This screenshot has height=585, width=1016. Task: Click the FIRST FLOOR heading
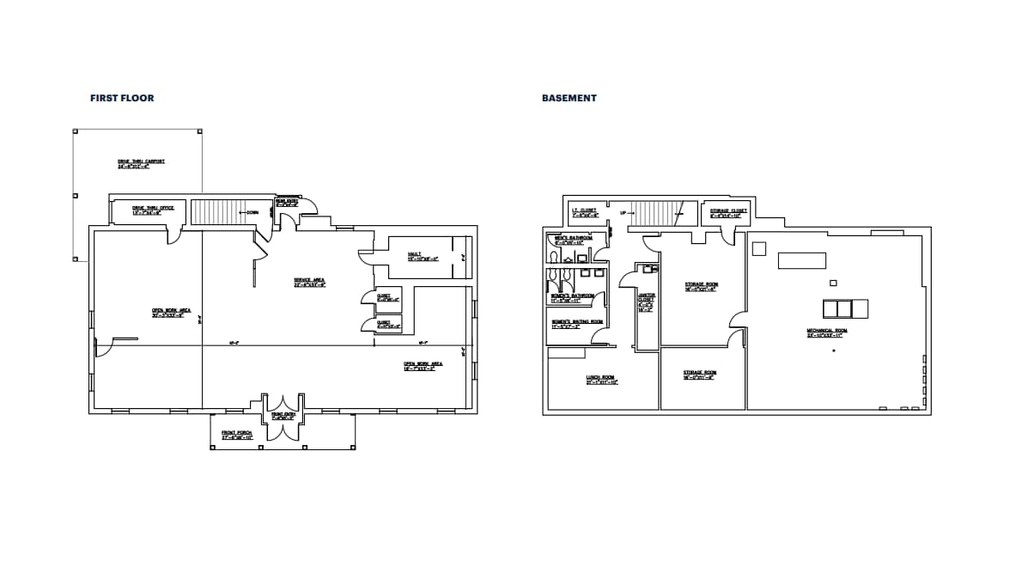tap(122, 98)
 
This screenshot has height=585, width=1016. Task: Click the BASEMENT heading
tap(569, 98)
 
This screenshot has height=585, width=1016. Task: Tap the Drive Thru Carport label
tap(141, 163)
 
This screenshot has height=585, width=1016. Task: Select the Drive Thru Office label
tap(153, 210)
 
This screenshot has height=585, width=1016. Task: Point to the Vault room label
tap(423, 256)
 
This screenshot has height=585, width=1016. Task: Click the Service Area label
tap(309, 282)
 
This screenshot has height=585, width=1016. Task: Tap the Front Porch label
tap(237, 434)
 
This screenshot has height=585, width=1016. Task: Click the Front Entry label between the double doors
tap(283, 416)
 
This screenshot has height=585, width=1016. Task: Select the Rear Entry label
tap(286, 203)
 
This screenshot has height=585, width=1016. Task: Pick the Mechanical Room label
tap(826, 332)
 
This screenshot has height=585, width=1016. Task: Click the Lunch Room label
tap(601, 380)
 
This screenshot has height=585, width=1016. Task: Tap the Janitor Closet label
tap(646, 302)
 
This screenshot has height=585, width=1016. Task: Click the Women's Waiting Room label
tap(577, 323)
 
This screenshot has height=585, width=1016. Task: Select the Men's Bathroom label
tap(574, 240)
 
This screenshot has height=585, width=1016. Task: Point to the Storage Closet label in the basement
tap(728, 212)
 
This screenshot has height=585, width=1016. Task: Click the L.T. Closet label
tap(584, 212)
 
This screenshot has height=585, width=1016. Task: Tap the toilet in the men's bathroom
tap(553, 256)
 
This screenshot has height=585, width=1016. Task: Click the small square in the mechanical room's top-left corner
tap(758, 248)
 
